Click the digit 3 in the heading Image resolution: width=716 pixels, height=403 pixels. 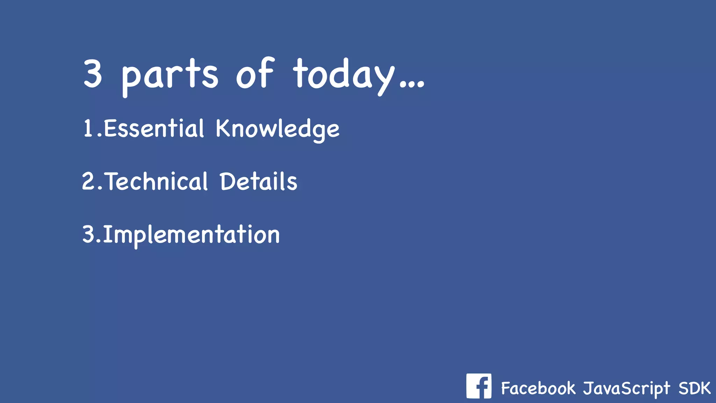93,73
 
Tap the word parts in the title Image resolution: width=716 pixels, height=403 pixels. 170,75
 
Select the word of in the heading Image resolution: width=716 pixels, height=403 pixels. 255,73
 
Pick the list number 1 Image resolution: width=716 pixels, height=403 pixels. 88,128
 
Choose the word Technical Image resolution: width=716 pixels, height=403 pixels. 157,182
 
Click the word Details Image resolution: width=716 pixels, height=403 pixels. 259,182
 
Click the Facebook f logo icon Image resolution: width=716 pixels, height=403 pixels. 479,386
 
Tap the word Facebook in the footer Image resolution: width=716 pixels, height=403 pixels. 538,388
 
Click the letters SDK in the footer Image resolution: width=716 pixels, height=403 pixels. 694,388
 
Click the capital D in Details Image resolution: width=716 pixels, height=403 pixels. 227,181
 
